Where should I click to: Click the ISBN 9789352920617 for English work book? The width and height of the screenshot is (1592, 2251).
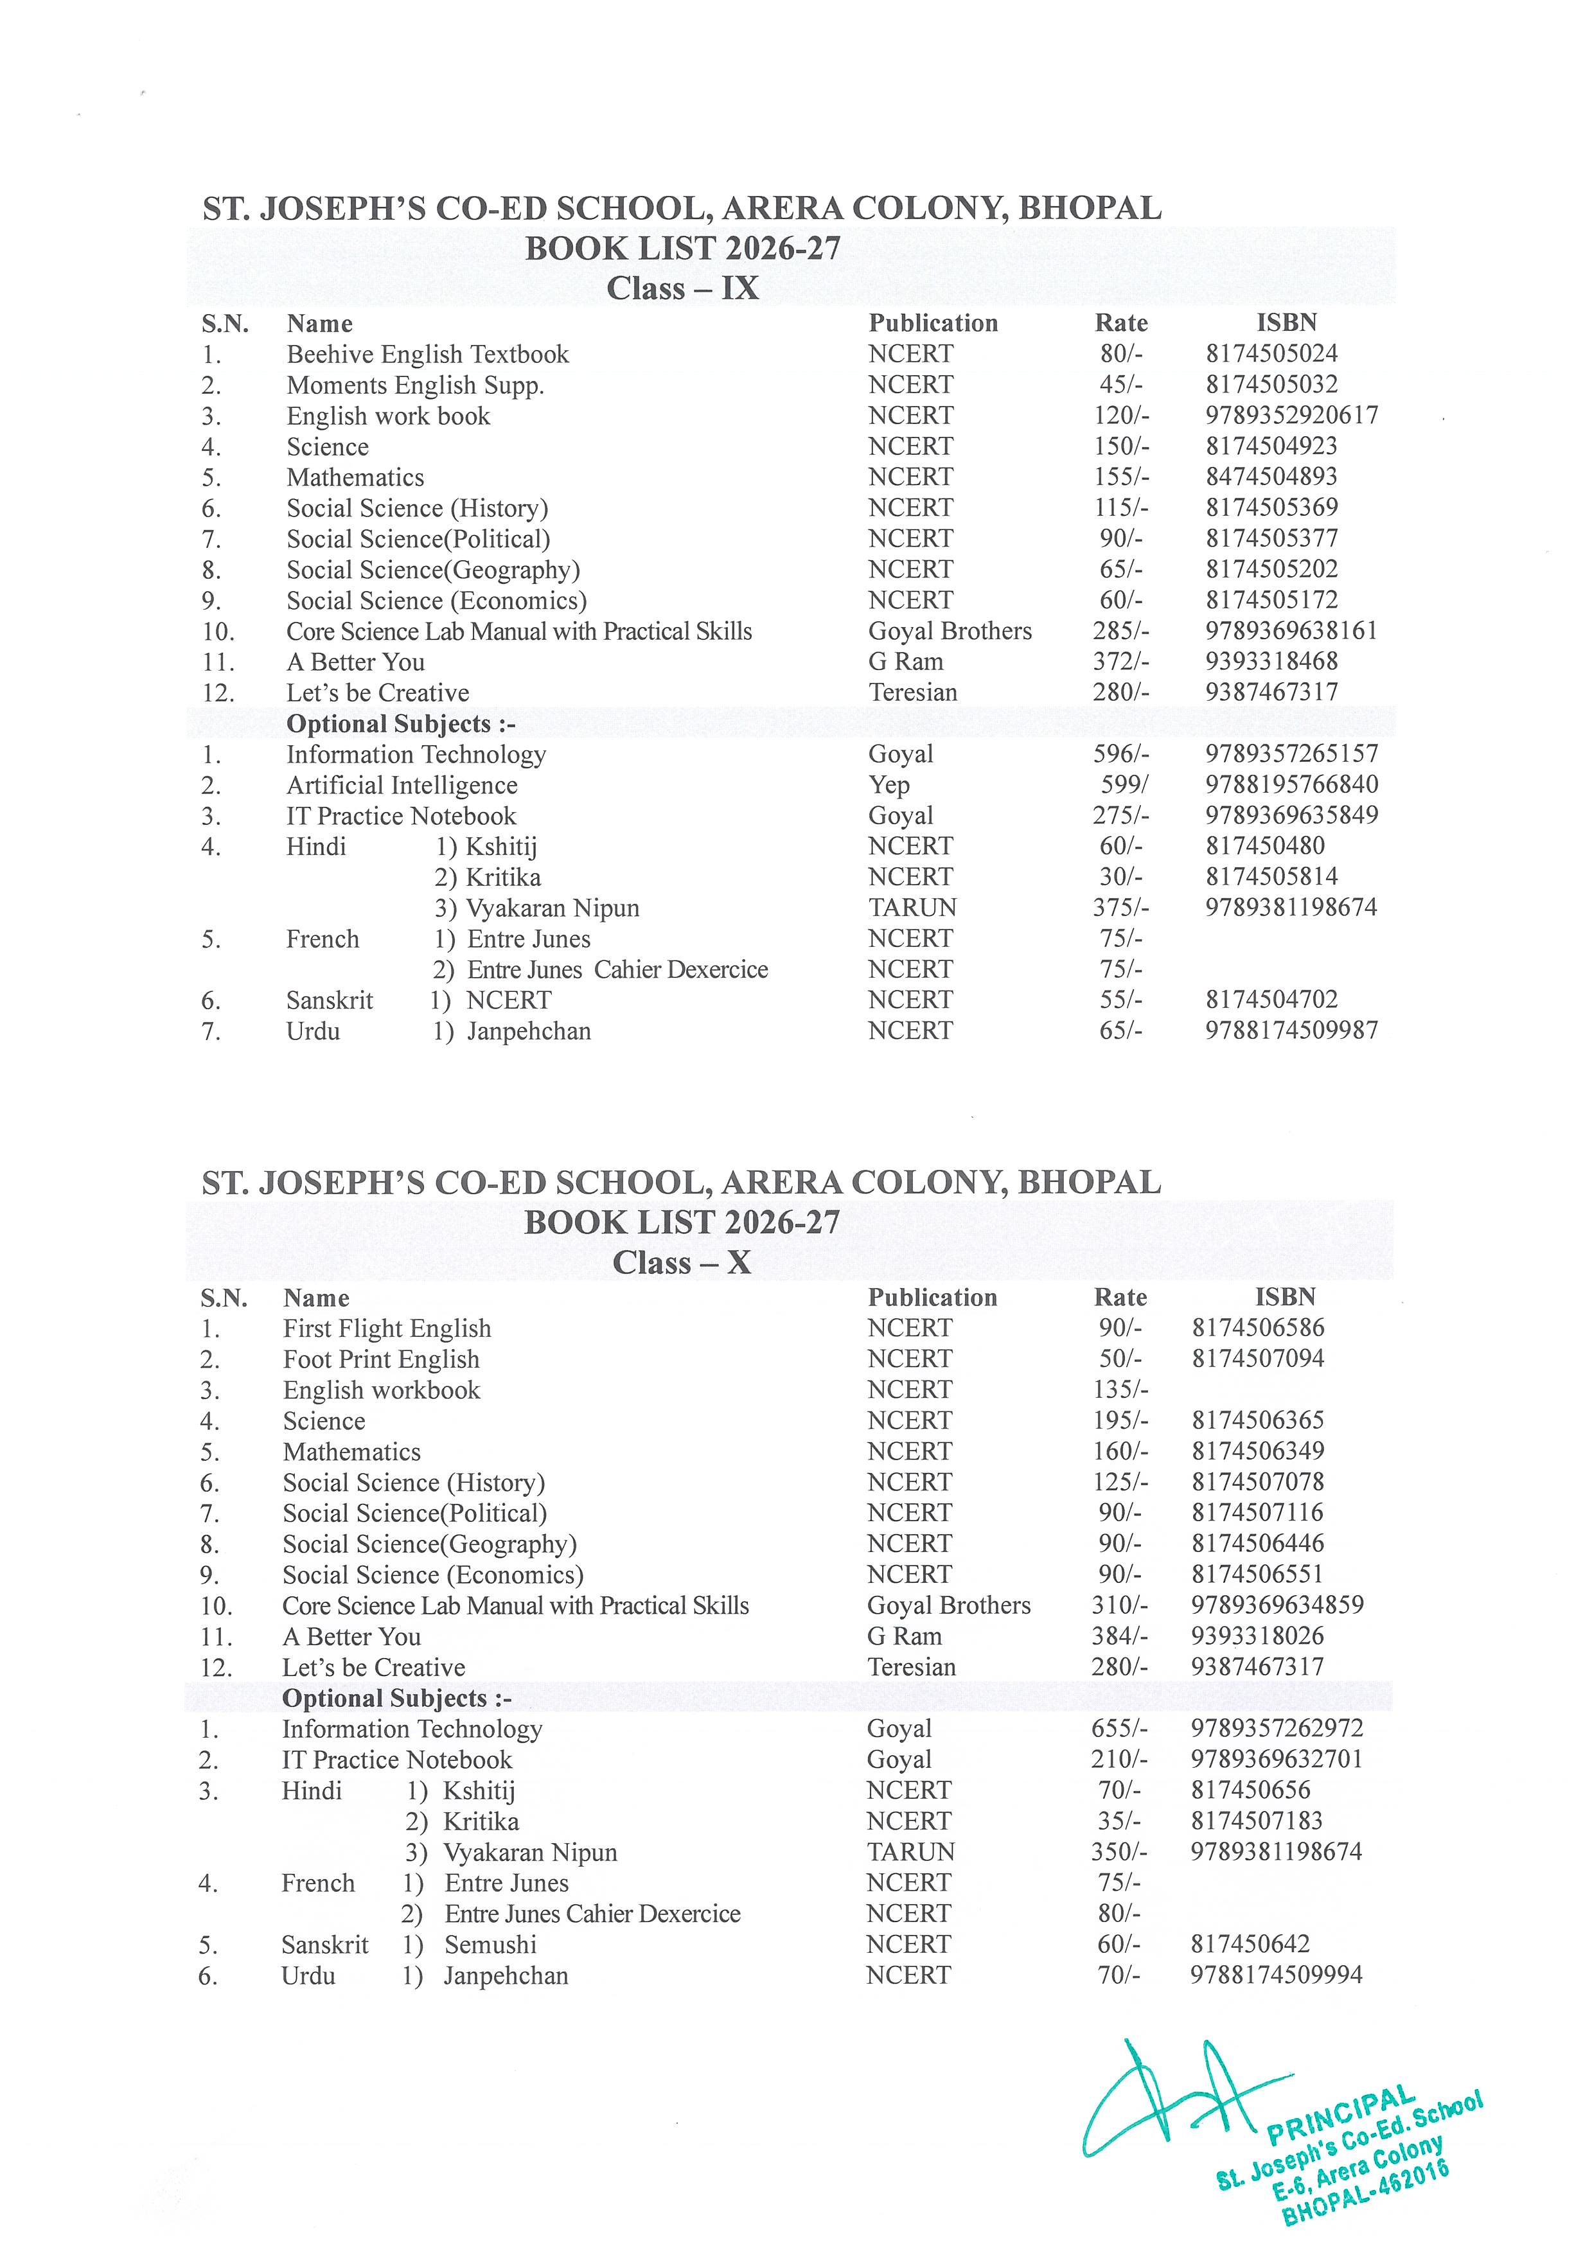pyautogui.click(x=1291, y=415)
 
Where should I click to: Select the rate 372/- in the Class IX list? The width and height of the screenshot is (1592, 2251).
pyautogui.click(x=1120, y=662)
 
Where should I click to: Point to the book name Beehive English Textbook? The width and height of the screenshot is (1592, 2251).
pyautogui.click(x=427, y=354)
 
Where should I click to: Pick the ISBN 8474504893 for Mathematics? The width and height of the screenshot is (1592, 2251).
pyautogui.click(x=1271, y=477)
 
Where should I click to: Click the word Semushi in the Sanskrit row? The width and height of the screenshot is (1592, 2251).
pyautogui.click(x=490, y=1944)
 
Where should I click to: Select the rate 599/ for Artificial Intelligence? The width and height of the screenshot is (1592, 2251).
pyautogui.click(x=1122, y=784)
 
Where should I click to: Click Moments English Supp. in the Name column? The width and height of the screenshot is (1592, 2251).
pyautogui.click(x=414, y=385)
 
